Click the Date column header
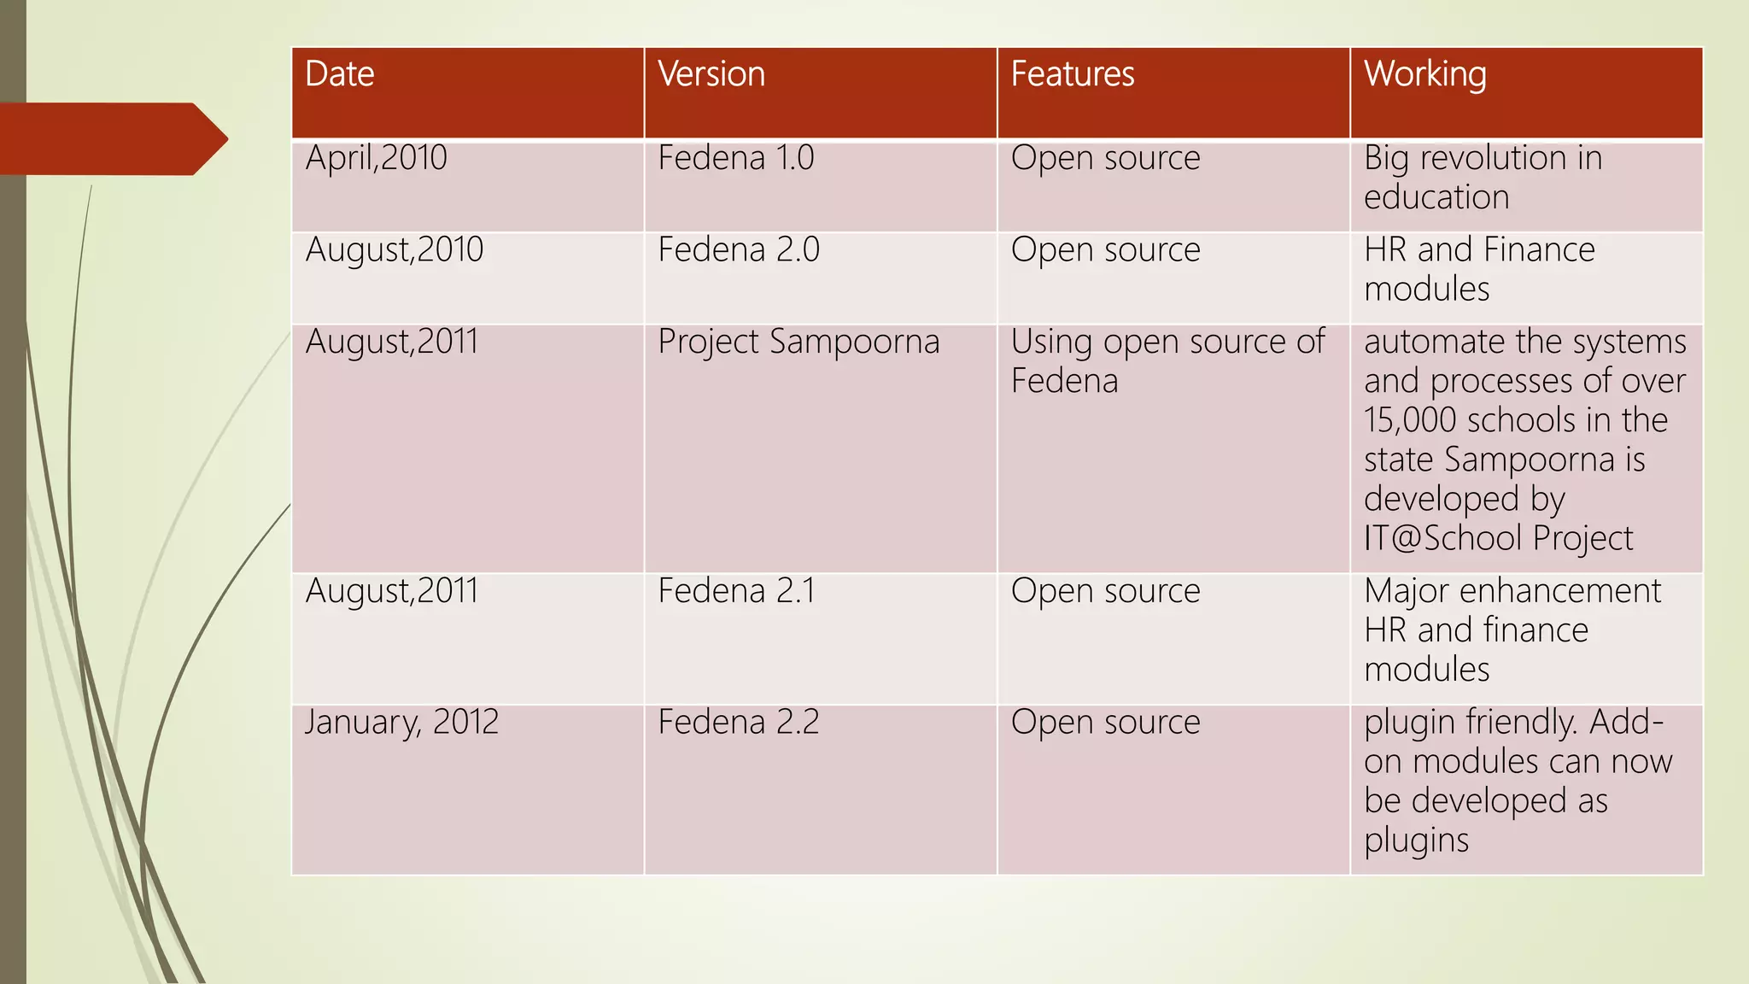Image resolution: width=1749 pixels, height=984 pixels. click(340, 74)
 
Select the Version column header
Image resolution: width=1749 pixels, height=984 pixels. click(711, 74)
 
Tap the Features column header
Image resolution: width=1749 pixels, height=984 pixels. click(1073, 74)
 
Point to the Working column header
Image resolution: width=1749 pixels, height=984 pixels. click(1424, 74)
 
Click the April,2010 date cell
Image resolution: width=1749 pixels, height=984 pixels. click(377, 158)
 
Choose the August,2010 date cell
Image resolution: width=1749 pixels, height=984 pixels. click(395, 250)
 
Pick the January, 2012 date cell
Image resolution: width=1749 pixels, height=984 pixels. click(401, 723)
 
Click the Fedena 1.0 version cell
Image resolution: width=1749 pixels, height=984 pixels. click(736, 158)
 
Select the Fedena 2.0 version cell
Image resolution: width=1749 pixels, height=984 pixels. click(739, 250)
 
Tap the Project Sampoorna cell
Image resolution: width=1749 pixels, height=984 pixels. click(798, 342)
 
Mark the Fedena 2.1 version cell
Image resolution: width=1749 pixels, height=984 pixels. click(736, 591)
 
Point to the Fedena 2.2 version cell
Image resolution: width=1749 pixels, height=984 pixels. click(739, 723)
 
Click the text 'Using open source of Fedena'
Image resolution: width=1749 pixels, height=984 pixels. click(1167, 361)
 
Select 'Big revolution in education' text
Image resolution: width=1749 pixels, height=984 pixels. click(1483, 178)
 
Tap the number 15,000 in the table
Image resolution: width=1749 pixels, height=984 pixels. click(1408, 420)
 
